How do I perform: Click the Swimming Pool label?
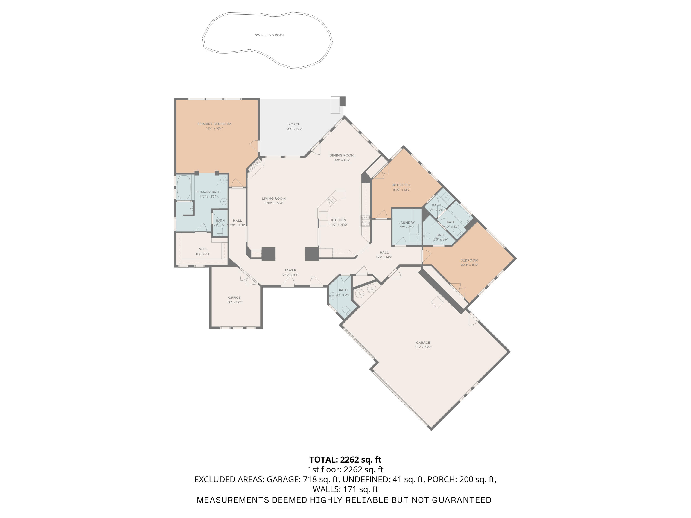(269, 35)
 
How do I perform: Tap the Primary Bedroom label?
(214, 124)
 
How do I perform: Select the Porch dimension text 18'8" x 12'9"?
(294, 129)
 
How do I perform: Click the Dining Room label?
(342, 155)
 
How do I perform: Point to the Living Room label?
(274, 199)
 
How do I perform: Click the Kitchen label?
(339, 220)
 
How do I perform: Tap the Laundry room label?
(406, 223)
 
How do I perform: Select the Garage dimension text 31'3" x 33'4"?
(423, 347)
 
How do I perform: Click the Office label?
(234, 297)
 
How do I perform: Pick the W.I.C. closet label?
(203, 249)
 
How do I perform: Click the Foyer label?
(290, 270)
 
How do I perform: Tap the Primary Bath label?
(208, 192)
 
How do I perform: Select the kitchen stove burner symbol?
(365, 221)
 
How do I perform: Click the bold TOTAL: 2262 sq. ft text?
(345, 460)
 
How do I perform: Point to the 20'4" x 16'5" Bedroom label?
(469, 260)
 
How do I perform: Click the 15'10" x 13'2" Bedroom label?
(401, 185)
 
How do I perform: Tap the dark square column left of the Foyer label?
(268, 254)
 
